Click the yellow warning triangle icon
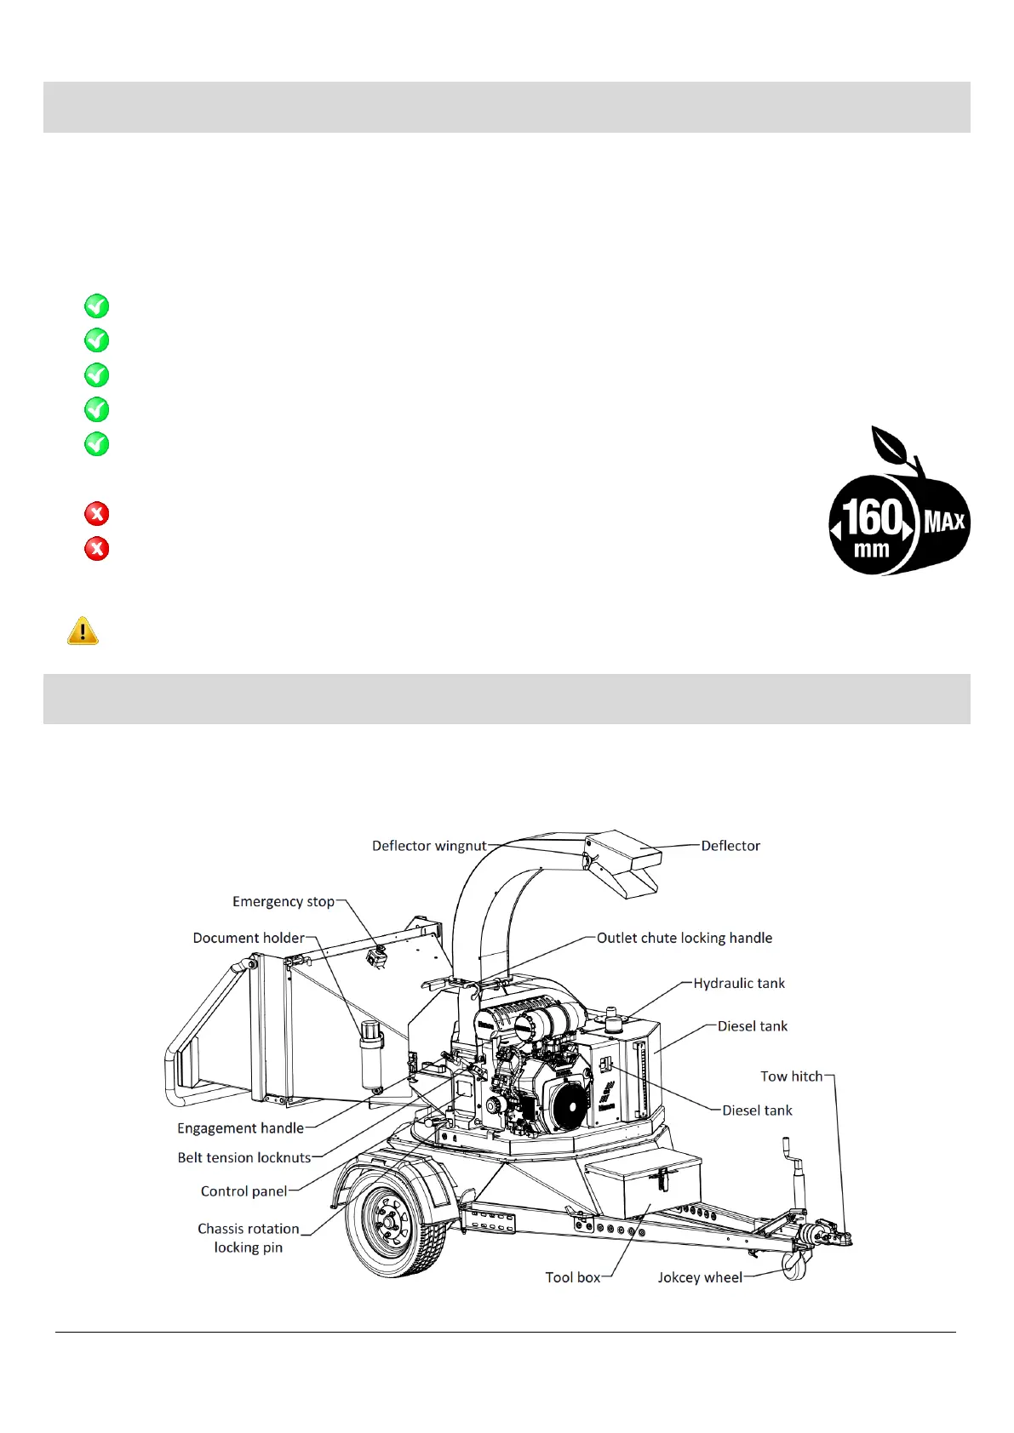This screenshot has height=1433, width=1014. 83,631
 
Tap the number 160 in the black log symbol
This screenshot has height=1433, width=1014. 872,517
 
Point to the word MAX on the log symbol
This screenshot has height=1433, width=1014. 943,521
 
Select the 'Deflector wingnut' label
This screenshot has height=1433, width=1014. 429,846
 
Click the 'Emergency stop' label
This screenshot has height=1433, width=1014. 284,901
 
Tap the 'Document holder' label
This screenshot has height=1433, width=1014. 249,938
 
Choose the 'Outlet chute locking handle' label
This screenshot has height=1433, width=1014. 685,938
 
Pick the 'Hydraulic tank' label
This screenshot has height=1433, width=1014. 739,983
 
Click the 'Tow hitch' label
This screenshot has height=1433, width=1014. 792,1076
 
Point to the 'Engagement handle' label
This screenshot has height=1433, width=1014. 240,1128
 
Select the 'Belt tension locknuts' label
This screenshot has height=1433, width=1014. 244,1157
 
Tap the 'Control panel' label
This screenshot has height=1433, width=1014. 244,1191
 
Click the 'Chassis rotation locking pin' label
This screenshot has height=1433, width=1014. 248,1237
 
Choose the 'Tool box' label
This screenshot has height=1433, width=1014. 573,1277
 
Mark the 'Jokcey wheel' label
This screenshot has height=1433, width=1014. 700,1277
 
